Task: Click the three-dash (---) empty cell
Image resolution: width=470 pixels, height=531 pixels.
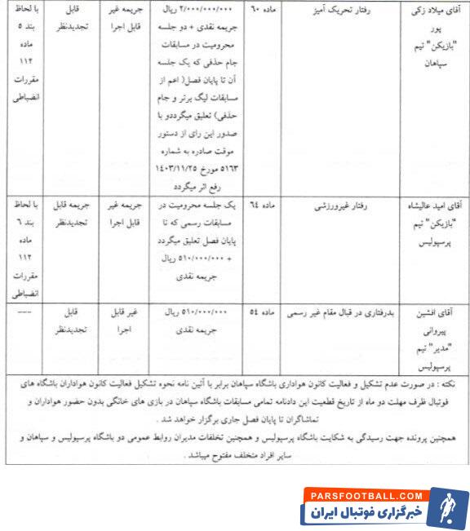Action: pyautogui.click(x=22, y=312)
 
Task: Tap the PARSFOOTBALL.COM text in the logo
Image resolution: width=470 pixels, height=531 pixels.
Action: pyautogui.click(x=362, y=495)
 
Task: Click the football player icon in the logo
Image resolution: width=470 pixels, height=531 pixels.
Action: pyautogui.click(x=446, y=507)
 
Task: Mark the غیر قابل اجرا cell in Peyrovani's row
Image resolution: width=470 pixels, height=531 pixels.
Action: pyautogui.click(x=125, y=320)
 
